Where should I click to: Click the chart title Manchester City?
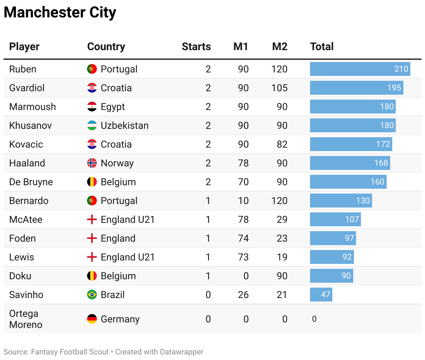coord(60,13)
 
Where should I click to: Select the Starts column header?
coord(196,47)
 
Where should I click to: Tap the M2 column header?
coord(279,47)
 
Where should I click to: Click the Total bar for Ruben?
coord(360,69)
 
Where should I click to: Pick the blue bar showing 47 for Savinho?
coord(321,295)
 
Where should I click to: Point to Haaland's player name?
coord(27,163)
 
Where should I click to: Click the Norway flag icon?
coord(92,163)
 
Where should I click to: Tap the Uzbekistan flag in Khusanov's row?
coord(92,125)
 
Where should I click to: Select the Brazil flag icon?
coord(92,295)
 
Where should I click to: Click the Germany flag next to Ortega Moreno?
coord(92,319)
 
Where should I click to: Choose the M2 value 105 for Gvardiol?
coord(279,88)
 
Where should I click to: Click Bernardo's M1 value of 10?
coord(243,201)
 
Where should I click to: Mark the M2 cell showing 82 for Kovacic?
coord(282,144)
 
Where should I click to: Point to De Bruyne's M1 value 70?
coord(243,182)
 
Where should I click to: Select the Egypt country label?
coord(113,107)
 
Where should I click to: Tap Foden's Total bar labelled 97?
coord(333,238)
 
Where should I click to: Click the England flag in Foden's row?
coord(92,238)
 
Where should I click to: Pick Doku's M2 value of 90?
coord(282,276)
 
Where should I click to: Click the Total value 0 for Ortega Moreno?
coord(314,319)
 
